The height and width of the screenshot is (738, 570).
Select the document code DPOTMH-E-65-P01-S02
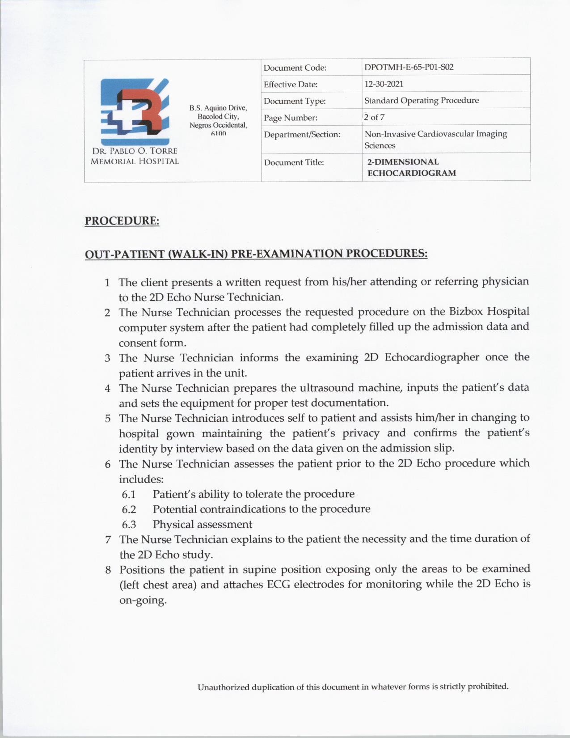coord(409,68)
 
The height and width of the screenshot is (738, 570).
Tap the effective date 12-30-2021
coord(384,84)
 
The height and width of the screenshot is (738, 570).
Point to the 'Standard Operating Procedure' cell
coord(421,101)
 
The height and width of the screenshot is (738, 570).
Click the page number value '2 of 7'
coord(374,117)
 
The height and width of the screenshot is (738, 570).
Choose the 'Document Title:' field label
coord(293,162)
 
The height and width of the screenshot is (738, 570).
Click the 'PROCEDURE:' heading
coord(122,221)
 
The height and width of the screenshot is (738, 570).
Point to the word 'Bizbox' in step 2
coord(465,311)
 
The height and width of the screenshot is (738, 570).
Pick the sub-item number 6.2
coord(129,509)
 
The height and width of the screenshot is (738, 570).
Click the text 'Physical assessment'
coord(202,524)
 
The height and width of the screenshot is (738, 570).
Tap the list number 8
coord(108,570)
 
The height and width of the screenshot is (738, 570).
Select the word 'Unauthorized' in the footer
coord(223,687)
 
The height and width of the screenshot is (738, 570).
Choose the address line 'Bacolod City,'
coord(218,116)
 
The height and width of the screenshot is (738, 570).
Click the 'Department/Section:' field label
coord(302,135)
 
